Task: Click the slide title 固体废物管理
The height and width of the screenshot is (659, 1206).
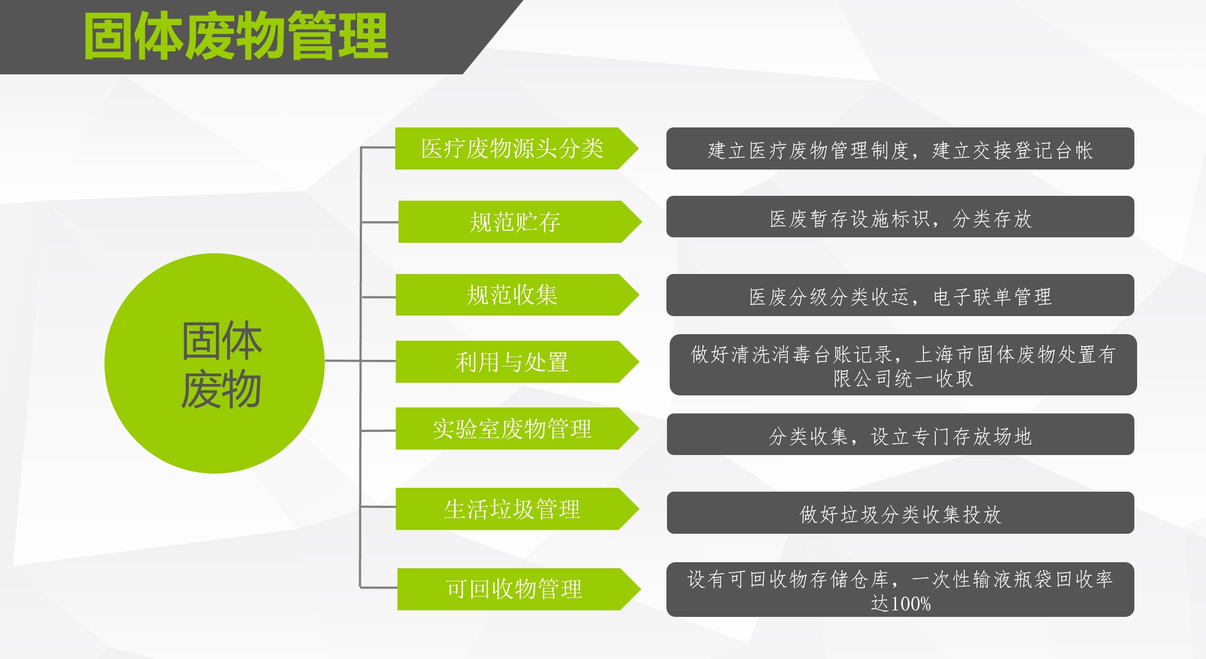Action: (236, 37)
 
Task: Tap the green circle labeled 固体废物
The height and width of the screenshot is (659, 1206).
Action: (214, 363)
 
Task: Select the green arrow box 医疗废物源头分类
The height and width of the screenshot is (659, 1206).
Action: (517, 148)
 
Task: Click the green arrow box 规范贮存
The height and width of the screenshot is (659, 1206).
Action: (520, 221)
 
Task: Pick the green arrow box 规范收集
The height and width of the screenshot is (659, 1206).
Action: (517, 295)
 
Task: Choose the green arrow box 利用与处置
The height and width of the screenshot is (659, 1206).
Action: (517, 361)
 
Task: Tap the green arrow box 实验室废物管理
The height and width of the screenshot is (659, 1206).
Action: (517, 428)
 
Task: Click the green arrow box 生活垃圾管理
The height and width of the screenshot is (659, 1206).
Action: (517, 509)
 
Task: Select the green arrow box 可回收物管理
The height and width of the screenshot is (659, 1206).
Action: (519, 589)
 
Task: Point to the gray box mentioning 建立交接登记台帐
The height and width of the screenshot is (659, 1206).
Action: (900, 148)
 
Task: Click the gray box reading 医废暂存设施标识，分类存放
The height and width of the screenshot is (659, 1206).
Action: (900, 217)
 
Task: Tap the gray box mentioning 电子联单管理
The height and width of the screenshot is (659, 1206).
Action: (900, 295)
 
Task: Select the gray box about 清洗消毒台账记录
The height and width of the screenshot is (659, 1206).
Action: (903, 365)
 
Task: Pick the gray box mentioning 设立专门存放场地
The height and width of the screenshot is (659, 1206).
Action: (900, 434)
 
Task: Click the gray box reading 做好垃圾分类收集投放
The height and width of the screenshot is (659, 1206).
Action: (900, 512)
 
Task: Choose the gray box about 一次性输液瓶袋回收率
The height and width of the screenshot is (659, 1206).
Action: (900, 590)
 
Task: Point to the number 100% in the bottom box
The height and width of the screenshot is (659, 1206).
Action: (911, 604)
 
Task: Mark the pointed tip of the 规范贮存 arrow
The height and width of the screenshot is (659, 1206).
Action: (642, 221)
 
